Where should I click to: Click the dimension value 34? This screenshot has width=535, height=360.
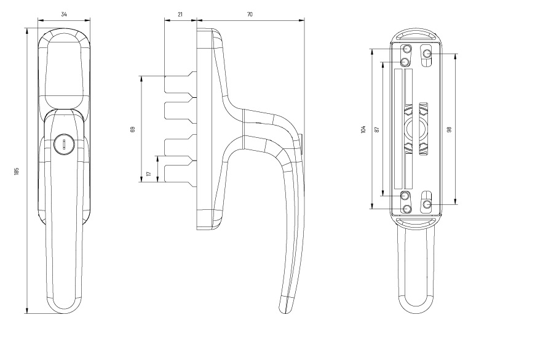(64, 14)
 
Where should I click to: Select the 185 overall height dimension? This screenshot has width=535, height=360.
(17, 171)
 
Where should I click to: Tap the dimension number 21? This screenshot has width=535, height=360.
(180, 14)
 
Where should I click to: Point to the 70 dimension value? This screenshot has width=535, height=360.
(250, 14)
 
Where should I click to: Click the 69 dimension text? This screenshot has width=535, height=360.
(133, 129)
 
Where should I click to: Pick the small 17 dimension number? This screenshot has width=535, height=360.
(148, 174)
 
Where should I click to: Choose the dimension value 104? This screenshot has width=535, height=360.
(363, 129)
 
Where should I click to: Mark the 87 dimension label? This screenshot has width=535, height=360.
(377, 129)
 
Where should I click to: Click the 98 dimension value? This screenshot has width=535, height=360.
(449, 129)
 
